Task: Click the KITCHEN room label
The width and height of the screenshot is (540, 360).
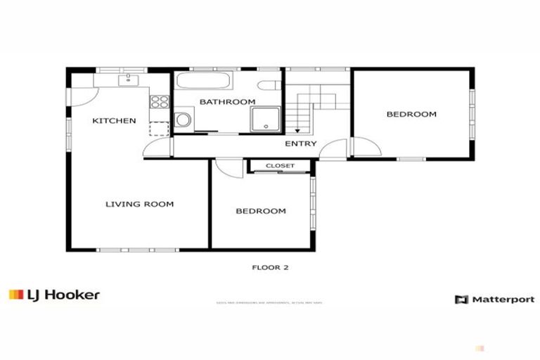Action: [114, 121]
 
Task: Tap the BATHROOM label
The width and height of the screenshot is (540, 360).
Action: [227, 102]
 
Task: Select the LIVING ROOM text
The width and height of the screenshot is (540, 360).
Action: [139, 205]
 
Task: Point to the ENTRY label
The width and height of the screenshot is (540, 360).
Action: [300, 144]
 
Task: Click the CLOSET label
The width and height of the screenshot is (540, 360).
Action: [279, 166]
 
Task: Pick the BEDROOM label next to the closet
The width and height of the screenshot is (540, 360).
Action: [260, 211]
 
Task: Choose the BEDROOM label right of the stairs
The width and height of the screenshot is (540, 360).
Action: [411, 114]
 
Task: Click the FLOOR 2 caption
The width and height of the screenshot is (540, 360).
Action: [271, 267]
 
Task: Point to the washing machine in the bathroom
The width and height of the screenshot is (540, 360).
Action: [184, 119]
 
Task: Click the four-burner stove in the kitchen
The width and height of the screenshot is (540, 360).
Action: [160, 101]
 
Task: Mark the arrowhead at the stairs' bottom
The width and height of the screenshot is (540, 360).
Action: [297, 131]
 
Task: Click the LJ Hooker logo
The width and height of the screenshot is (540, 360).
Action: [54, 295]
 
